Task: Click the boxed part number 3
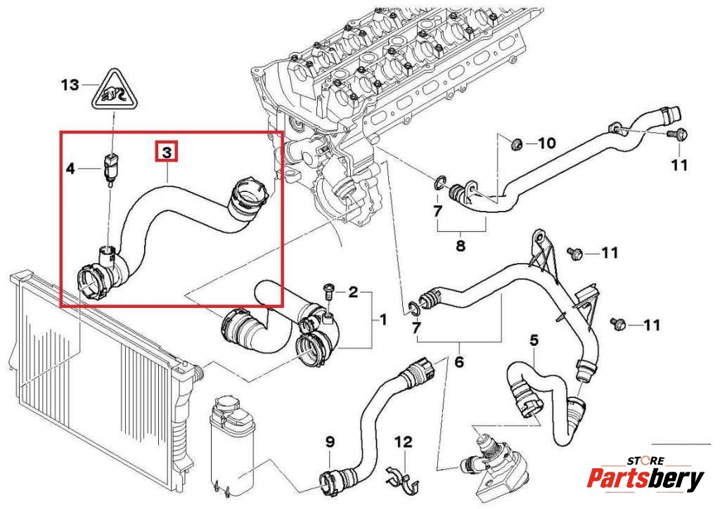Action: [x=167, y=152]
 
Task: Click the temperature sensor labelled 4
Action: [x=109, y=167]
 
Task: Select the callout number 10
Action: [x=546, y=143]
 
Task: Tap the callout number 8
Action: [x=461, y=246]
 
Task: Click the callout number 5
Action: [x=534, y=341]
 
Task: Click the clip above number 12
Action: [x=402, y=478]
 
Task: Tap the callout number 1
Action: [x=383, y=320]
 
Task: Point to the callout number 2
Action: [x=353, y=291]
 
